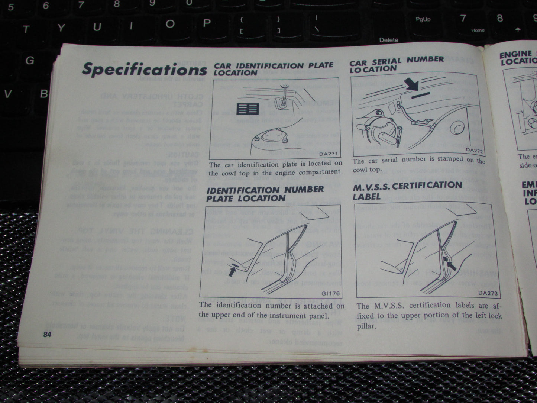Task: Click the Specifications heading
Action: [144, 69]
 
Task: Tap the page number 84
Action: [47, 334]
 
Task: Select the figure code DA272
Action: [474, 150]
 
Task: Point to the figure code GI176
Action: [331, 292]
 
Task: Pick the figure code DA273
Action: [488, 293]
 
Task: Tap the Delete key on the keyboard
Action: [389, 40]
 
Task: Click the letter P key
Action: [207, 23]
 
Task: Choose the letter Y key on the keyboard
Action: [61, 28]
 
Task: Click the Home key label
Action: [478, 30]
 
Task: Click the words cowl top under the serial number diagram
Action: [367, 170]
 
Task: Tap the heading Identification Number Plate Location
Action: [265, 193]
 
